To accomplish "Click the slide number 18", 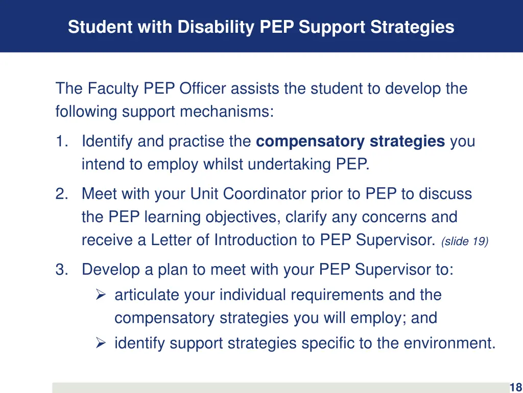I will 515,387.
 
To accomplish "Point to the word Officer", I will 203,89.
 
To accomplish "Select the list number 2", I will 61,194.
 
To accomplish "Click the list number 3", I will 61,269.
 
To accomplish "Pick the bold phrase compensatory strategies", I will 350,141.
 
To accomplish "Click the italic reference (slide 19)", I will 465,242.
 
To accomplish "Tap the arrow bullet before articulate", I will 101,295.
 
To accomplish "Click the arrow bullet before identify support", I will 101,343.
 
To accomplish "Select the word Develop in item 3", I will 111,269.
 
